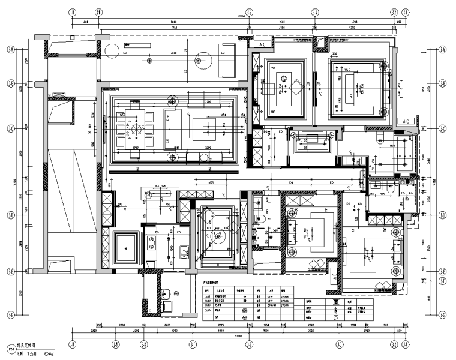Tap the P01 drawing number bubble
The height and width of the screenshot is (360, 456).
(10, 349)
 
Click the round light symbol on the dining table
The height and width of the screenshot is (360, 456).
(136, 128)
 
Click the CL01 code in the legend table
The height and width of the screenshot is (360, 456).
(208, 296)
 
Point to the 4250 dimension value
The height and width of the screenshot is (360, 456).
(353, 28)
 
